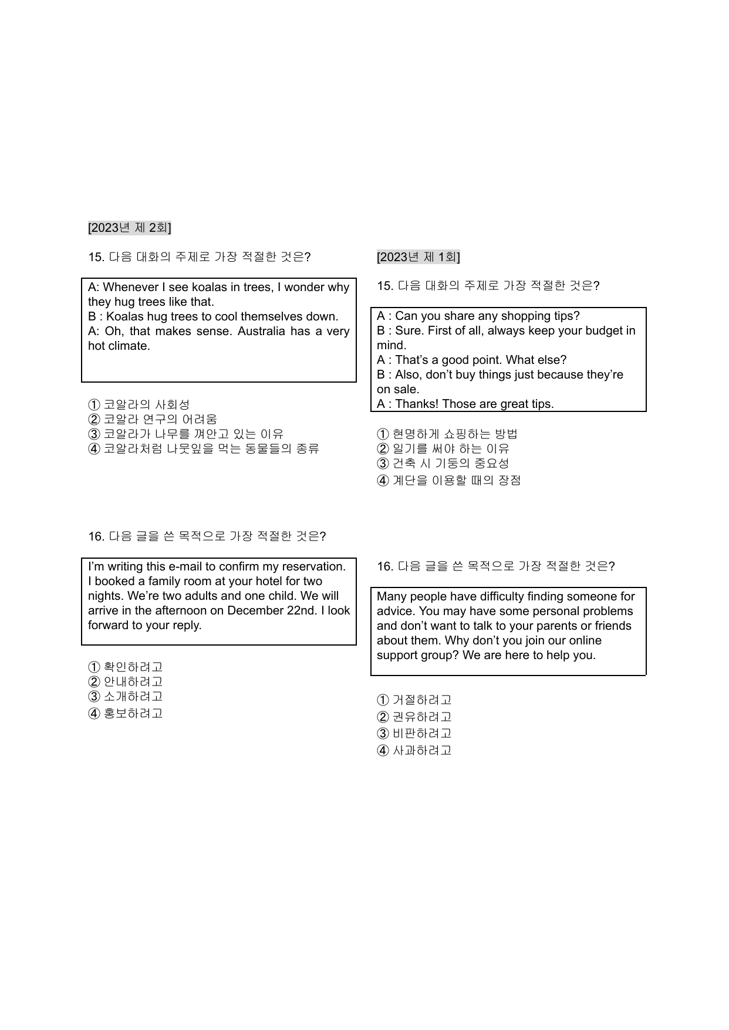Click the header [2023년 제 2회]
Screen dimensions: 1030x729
click(x=129, y=228)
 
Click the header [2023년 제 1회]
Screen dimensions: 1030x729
click(x=418, y=257)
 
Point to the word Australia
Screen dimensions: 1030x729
click(x=262, y=332)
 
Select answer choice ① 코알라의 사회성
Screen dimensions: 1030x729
click(x=139, y=405)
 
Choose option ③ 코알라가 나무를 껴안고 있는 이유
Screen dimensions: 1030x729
click(x=186, y=434)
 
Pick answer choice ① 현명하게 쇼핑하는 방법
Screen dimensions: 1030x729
click(x=447, y=434)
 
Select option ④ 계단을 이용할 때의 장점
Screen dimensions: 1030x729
click(x=449, y=481)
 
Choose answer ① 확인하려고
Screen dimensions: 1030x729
click(x=126, y=667)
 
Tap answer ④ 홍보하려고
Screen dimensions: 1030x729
click(x=126, y=714)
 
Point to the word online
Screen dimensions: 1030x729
click(x=585, y=641)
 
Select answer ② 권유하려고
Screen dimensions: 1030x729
click(x=414, y=717)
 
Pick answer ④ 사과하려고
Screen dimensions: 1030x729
click(x=414, y=751)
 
